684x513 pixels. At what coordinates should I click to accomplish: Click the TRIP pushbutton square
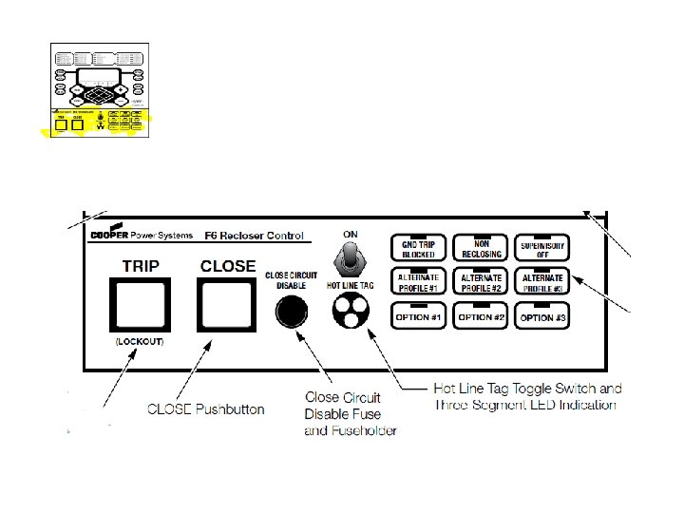[x=140, y=305]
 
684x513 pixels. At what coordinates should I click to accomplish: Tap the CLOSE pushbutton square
[x=227, y=305]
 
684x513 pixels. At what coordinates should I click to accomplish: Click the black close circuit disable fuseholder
[x=291, y=311]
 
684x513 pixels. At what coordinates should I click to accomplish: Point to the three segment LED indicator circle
[x=350, y=310]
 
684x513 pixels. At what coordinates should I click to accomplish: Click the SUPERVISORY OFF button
[x=541, y=249]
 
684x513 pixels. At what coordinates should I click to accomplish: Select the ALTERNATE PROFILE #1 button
[x=418, y=282]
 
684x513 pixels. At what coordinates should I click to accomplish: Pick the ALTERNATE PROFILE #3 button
[x=541, y=282]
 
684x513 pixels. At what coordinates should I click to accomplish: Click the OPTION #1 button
[x=418, y=315]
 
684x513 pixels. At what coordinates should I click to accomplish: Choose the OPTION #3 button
[x=541, y=315]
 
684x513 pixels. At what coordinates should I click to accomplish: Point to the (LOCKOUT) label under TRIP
[x=140, y=341]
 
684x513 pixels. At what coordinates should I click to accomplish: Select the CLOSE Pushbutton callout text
[x=205, y=409]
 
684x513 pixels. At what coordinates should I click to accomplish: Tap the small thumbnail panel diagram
[x=100, y=89]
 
